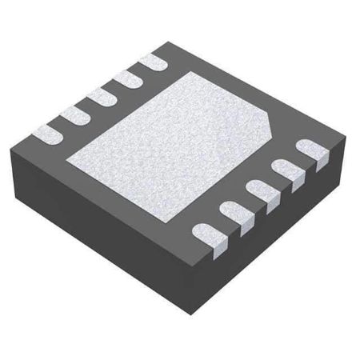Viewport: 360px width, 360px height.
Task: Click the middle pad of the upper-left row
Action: click(x=100, y=94)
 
